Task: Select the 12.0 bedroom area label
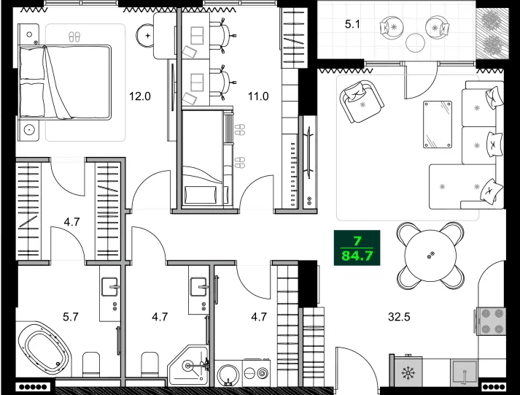point(139,95)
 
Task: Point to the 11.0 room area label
point(260,95)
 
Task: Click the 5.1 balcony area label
point(353,23)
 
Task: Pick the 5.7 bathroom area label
point(70,317)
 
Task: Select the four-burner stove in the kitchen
point(491,320)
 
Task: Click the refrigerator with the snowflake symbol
point(407,372)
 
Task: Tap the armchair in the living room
point(360,101)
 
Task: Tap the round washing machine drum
point(228,373)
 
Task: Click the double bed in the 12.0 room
point(66,82)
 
